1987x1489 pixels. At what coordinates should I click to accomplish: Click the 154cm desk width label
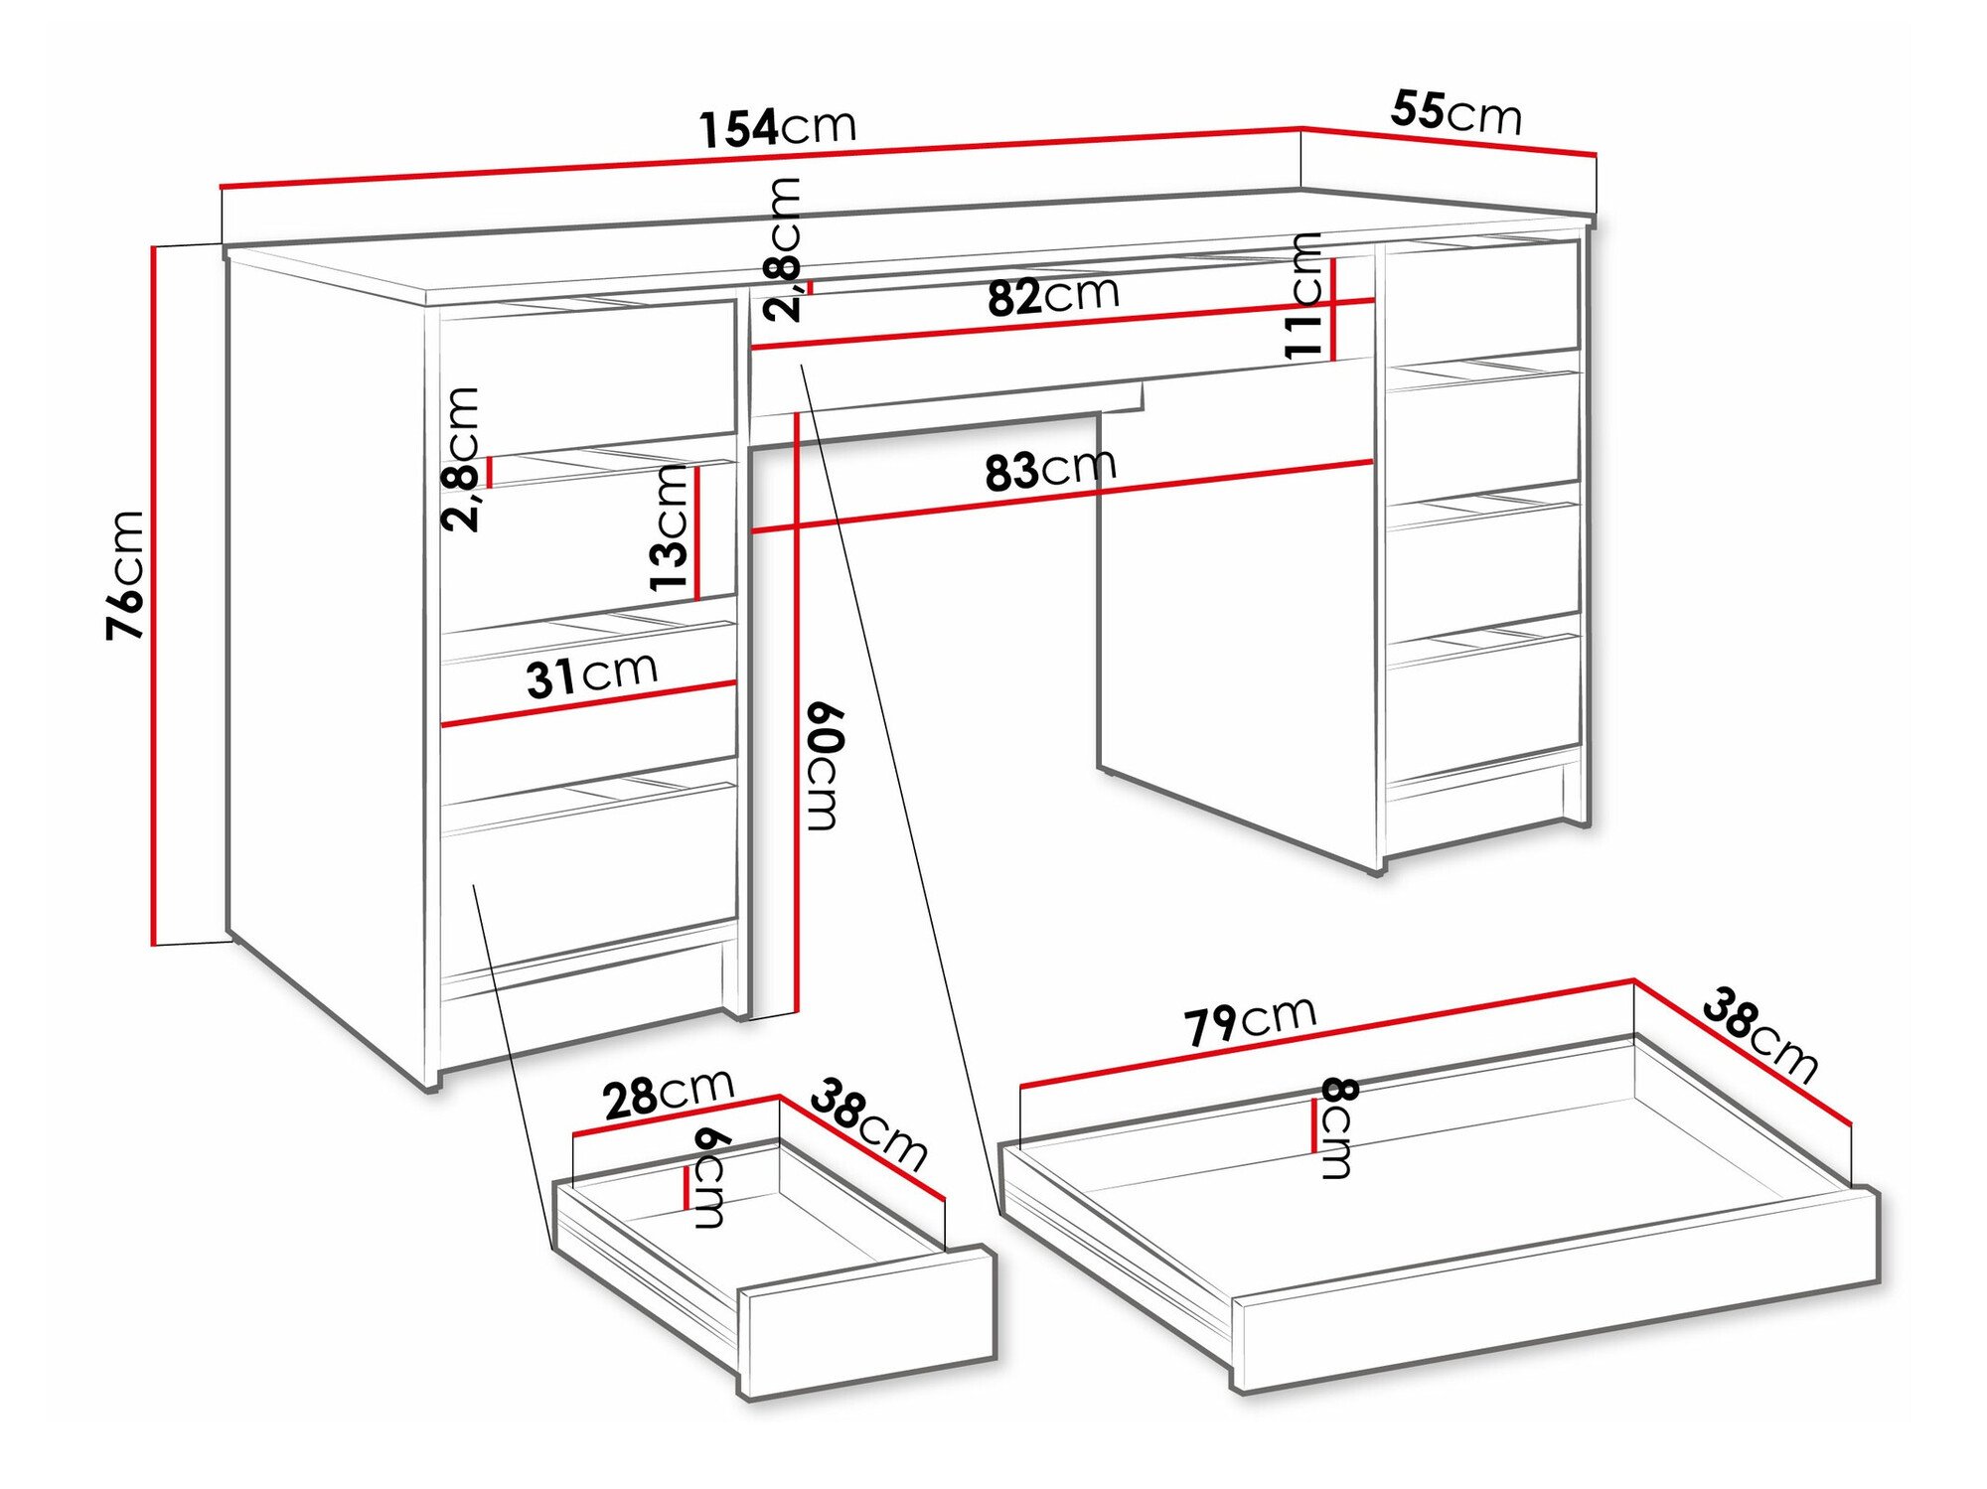pyautogui.click(x=777, y=127)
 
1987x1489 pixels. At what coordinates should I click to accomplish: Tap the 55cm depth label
pyautogui.click(x=1455, y=111)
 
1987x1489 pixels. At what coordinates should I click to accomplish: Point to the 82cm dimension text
pyautogui.click(x=1053, y=295)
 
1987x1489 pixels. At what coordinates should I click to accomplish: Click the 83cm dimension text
pyautogui.click(x=1050, y=470)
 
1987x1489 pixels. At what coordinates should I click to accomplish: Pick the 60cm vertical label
pyautogui.click(x=824, y=765)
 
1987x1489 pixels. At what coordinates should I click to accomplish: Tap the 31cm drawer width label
pyautogui.click(x=591, y=675)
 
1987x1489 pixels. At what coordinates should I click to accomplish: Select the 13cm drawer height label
pyautogui.click(x=670, y=528)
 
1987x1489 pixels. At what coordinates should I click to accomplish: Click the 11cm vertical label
pyautogui.click(x=1303, y=295)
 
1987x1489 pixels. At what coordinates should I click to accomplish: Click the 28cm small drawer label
pyautogui.click(x=668, y=1094)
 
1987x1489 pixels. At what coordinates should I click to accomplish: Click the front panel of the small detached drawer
pyautogui.click(x=866, y=1322)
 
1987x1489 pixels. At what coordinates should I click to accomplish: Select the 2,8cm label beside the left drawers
pyautogui.click(x=461, y=459)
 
